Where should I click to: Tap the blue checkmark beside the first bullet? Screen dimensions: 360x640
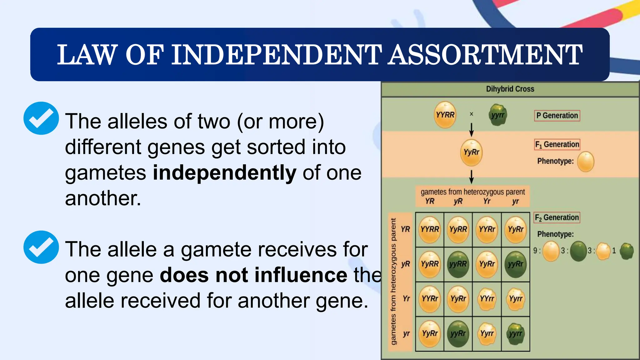[41, 118]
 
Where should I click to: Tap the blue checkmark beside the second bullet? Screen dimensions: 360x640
[41, 247]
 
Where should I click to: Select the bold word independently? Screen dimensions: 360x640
[224, 173]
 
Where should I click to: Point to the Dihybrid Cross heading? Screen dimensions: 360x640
[510, 89]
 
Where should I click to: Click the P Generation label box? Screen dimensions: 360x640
[557, 116]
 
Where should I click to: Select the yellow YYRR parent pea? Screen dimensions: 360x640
[445, 115]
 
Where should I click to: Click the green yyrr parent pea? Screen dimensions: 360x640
[497, 115]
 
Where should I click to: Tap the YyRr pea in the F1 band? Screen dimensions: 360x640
[471, 152]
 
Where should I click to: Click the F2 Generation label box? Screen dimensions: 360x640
[557, 217]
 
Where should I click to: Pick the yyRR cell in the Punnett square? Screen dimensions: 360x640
[458, 264]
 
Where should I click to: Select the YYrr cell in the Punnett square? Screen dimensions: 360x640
[487, 299]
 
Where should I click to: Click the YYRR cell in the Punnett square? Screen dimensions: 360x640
[430, 230]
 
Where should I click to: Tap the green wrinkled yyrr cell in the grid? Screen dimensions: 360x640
[516, 334]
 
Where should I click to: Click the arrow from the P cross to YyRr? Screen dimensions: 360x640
[472, 129]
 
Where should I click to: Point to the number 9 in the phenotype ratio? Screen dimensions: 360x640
[535, 251]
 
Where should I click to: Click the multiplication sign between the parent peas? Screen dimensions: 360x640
[472, 114]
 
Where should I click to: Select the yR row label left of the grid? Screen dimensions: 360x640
[405, 264]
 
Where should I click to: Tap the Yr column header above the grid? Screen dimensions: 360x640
[487, 202]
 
